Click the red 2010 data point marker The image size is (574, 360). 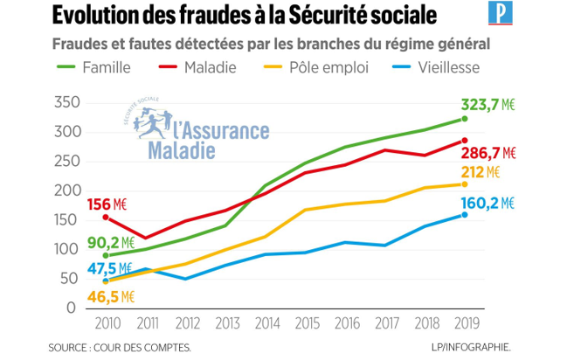pyautogui.click(x=106, y=218)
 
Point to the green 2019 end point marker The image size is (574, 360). pyautogui.click(x=465, y=119)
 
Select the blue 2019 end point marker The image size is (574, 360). pyautogui.click(x=465, y=214)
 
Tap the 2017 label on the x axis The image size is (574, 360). pyautogui.click(x=384, y=321)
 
